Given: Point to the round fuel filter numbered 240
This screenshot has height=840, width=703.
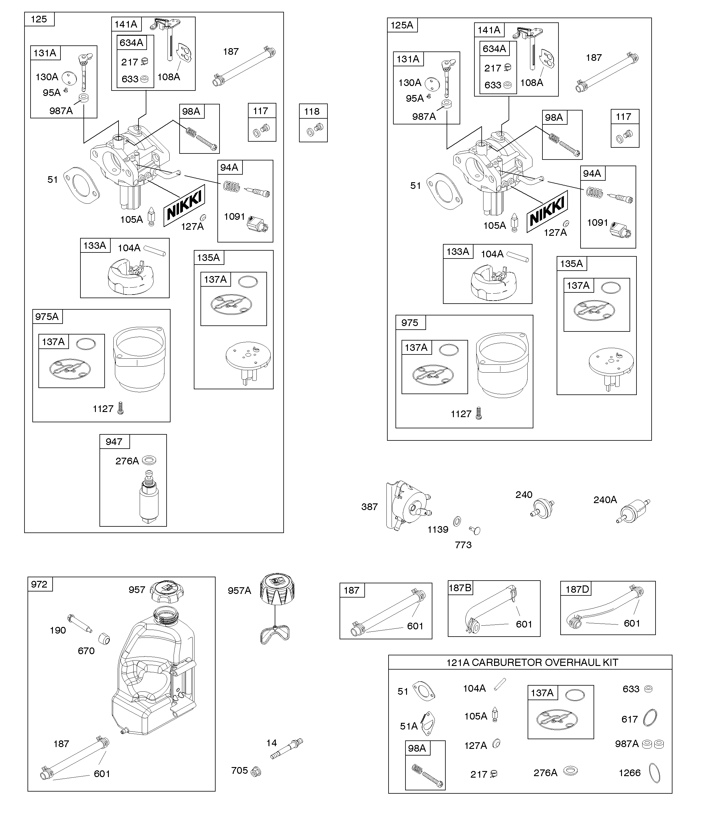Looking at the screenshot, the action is [543, 508].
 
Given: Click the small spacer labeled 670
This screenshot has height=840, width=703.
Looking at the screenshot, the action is [104, 639].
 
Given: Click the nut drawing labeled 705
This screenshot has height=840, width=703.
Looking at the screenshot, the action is [256, 772].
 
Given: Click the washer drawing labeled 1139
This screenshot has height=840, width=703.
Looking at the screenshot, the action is [457, 521].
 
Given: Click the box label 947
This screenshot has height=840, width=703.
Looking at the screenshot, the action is [114, 442].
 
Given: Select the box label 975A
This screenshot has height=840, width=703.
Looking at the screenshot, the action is [47, 316].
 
